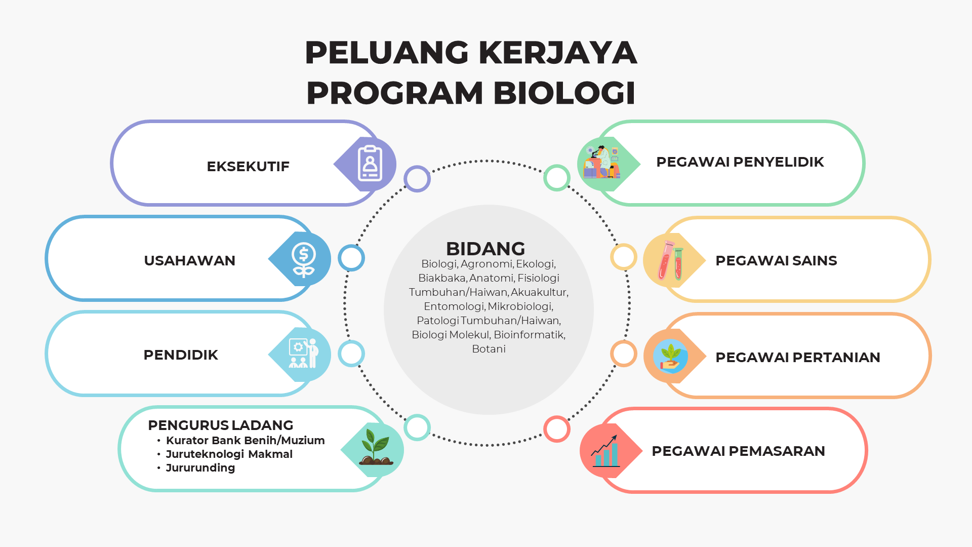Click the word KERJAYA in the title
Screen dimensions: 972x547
pos(557,53)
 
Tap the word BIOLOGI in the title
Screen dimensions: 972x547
pos(564,93)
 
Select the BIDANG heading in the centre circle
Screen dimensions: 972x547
pos(485,249)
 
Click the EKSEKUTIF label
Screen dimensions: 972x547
pos(248,167)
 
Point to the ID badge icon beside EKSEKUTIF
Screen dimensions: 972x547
pos(370,163)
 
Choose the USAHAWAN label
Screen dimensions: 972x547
pos(190,261)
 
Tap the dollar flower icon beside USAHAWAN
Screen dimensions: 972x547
pos(304,260)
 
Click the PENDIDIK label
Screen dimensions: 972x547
pos(181,355)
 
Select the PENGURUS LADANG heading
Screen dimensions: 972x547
pos(221,425)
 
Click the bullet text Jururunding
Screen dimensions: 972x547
pos(200,468)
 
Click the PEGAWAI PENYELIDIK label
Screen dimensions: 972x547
pos(740,162)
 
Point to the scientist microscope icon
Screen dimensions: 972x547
pos(601,162)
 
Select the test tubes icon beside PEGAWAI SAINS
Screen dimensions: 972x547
pos(671,260)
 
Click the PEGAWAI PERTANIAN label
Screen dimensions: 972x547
pos(798,358)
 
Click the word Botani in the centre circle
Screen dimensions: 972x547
pos(489,349)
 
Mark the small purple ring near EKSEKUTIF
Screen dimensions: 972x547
pos(417,179)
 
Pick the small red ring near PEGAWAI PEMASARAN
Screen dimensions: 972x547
pos(557,429)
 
